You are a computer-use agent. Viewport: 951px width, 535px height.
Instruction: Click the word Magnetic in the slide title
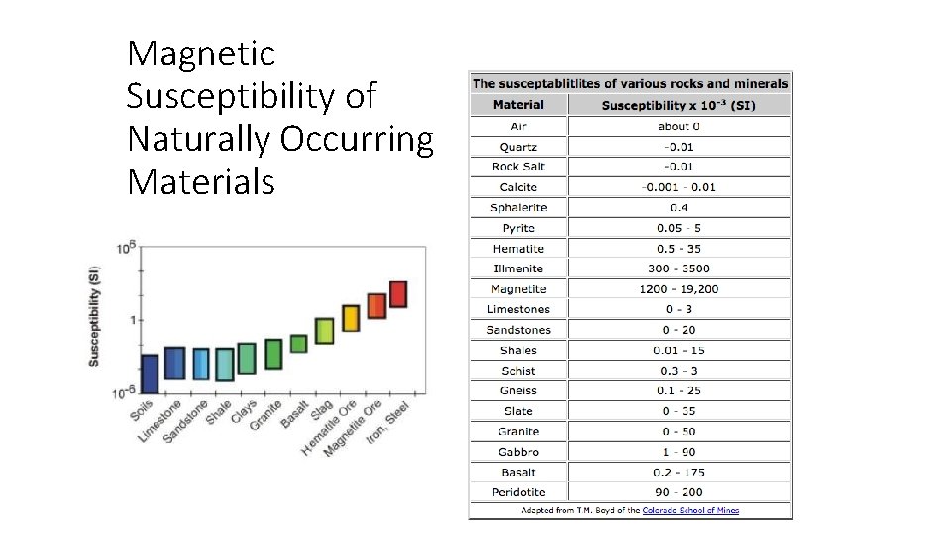[x=201, y=53]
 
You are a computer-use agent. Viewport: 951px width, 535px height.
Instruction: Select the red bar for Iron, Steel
[x=398, y=294]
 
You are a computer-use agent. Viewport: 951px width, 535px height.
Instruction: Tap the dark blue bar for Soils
[x=150, y=374]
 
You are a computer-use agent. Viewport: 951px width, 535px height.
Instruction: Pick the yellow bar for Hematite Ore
[x=351, y=318]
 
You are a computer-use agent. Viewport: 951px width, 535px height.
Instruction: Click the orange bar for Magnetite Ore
[x=375, y=305]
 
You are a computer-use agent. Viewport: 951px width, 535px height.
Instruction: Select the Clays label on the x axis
[x=244, y=412]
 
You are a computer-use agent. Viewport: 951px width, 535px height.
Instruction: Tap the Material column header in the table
[x=518, y=105]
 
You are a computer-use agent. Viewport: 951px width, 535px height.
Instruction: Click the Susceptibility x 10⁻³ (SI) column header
[x=679, y=105]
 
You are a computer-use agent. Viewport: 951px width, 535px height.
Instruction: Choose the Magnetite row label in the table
[x=518, y=289]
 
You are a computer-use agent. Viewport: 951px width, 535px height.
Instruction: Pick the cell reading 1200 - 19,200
[x=679, y=289]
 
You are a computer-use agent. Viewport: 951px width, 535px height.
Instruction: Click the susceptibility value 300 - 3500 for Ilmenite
[x=679, y=268]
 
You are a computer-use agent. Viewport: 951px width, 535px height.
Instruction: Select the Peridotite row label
[x=518, y=492]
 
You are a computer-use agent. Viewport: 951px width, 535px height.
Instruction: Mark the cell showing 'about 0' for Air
[x=679, y=126]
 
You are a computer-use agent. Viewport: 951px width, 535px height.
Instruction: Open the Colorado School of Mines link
[x=690, y=511]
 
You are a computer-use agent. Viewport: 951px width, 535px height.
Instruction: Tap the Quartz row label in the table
[x=518, y=147]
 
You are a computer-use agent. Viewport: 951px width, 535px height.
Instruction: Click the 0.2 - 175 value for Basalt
[x=679, y=472]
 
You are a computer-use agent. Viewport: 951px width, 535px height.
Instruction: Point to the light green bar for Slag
[x=324, y=330]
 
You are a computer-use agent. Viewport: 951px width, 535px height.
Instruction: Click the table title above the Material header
[x=630, y=83]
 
